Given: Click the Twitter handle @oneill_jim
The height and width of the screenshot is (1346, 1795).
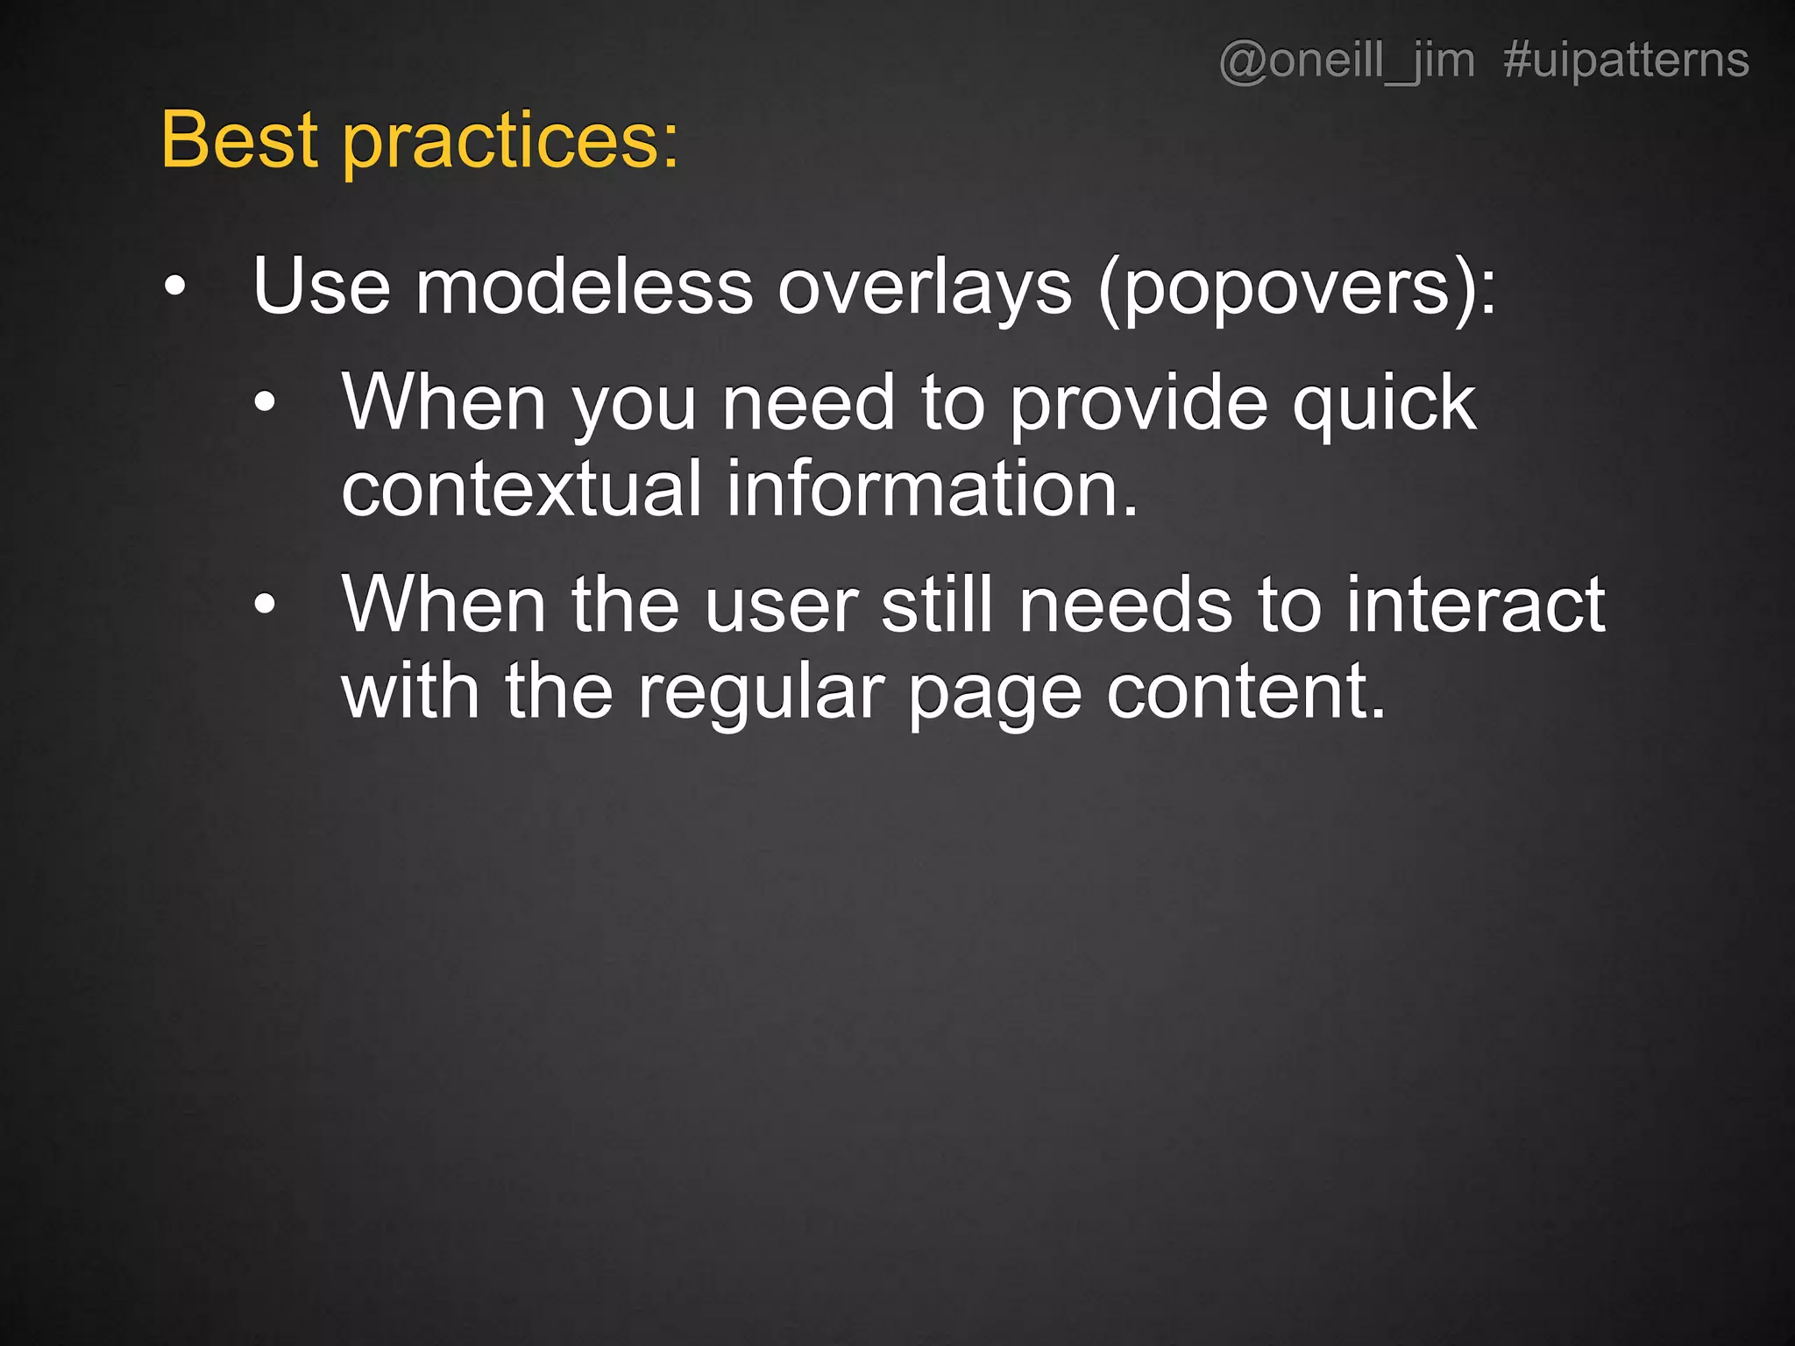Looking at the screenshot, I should tap(1346, 61).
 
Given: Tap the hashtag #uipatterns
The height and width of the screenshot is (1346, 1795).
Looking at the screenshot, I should tap(1626, 61).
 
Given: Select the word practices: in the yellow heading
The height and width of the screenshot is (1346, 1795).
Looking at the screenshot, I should tap(510, 142).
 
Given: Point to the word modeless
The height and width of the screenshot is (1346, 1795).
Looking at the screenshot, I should tap(584, 287).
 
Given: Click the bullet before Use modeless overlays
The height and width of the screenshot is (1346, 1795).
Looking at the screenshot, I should tap(175, 287).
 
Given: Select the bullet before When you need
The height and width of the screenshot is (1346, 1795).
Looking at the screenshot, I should tap(265, 403).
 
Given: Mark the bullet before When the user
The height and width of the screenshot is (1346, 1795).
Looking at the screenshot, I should tap(265, 605).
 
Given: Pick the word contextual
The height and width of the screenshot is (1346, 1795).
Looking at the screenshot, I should tap(521, 489).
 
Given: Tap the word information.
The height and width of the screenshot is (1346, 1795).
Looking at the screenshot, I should tap(932, 489).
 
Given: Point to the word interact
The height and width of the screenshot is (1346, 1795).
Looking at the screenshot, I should tap(1475, 605).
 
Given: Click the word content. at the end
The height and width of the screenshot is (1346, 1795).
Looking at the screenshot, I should tap(1245, 692).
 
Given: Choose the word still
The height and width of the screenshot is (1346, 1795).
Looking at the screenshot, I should tap(936, 605).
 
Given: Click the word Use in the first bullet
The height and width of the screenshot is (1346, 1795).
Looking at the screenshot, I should tap(321, 287).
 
